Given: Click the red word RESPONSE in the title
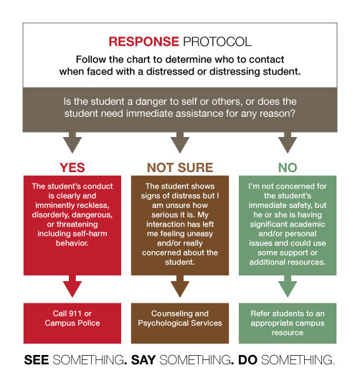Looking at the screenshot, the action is click(x=143, y=42).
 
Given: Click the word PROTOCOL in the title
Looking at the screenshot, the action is click(x=217, y=42).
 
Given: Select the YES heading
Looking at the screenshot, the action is click(x=72, y=168).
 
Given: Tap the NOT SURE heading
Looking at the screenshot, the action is click(x=180, y=168).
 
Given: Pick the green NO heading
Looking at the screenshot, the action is click(x=288, y=168).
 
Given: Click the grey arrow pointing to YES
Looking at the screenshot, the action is click(x=72, y=143).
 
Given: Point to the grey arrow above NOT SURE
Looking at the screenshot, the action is click(x=180, y=143).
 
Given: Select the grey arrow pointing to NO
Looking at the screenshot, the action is click(x=288, y=143).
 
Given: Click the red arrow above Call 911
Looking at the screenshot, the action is click(x=72, y=286).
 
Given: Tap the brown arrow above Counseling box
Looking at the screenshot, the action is click(x=180, y=286).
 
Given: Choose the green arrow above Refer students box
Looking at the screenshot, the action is click(x=288, y=286).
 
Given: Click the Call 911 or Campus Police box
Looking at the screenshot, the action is click(x=72, y=323).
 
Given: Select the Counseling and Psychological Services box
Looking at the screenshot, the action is click(x=180, y=323).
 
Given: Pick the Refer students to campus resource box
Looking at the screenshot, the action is click(x=288, y=323).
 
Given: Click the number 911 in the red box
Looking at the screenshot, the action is click(x=75, y=313).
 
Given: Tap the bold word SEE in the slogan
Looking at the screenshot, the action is click(x=37, y=360).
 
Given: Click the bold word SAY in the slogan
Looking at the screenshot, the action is click(x=143, y=360).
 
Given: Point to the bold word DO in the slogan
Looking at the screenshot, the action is click(x=247, y=360).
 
